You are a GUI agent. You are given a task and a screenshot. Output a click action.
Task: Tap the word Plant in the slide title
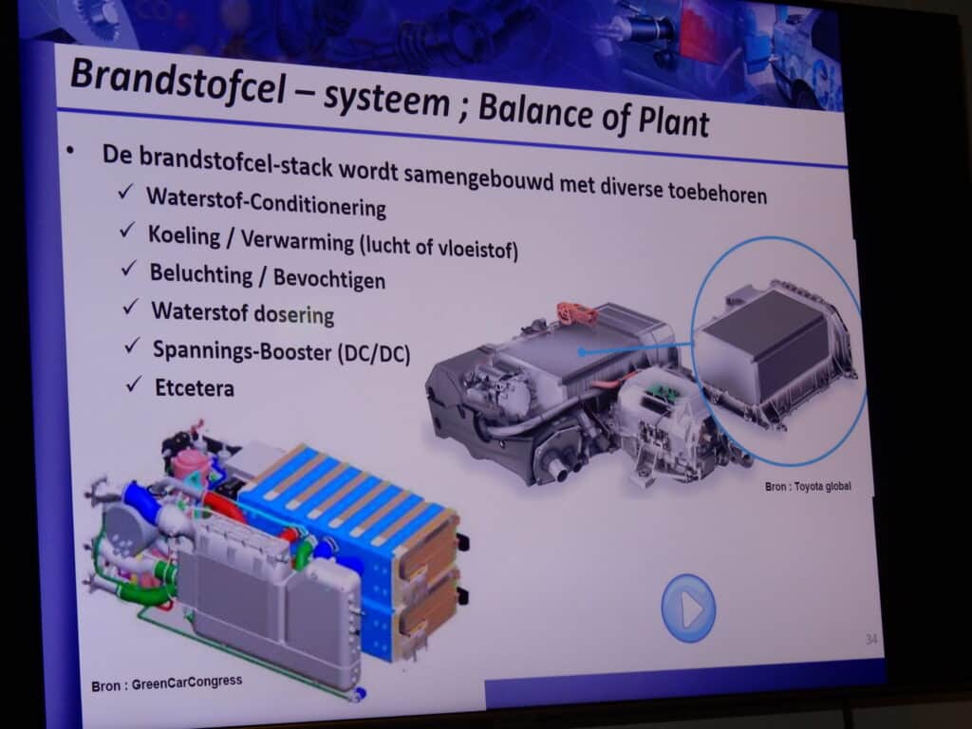pos(674,119)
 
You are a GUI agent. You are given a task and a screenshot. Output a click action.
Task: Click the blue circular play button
pos(688,608)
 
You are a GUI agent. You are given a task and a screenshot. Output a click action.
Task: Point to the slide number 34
pos(871,639)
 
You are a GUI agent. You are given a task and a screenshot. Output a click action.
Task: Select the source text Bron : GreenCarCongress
pos(167,683)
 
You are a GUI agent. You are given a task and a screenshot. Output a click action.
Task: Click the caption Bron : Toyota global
pos(808,487)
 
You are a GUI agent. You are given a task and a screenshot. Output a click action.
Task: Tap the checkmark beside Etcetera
pos(133,384)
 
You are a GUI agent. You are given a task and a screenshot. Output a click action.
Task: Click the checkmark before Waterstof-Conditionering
pos(125,192)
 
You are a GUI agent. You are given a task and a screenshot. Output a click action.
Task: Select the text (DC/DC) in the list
pos(374,354)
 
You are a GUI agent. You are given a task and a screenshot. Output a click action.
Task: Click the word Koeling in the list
pos(184,235)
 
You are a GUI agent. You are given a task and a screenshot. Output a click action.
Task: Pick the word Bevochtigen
pos(329,278)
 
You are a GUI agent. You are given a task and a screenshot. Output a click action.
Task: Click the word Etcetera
pos(195,387)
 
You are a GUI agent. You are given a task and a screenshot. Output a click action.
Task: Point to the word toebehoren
pos(718,192)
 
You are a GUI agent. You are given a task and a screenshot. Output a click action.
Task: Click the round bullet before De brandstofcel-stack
pos(70,149)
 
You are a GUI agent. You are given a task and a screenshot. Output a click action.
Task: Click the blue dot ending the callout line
pos(582,352)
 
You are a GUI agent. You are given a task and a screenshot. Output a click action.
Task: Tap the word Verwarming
pos(297,240)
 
